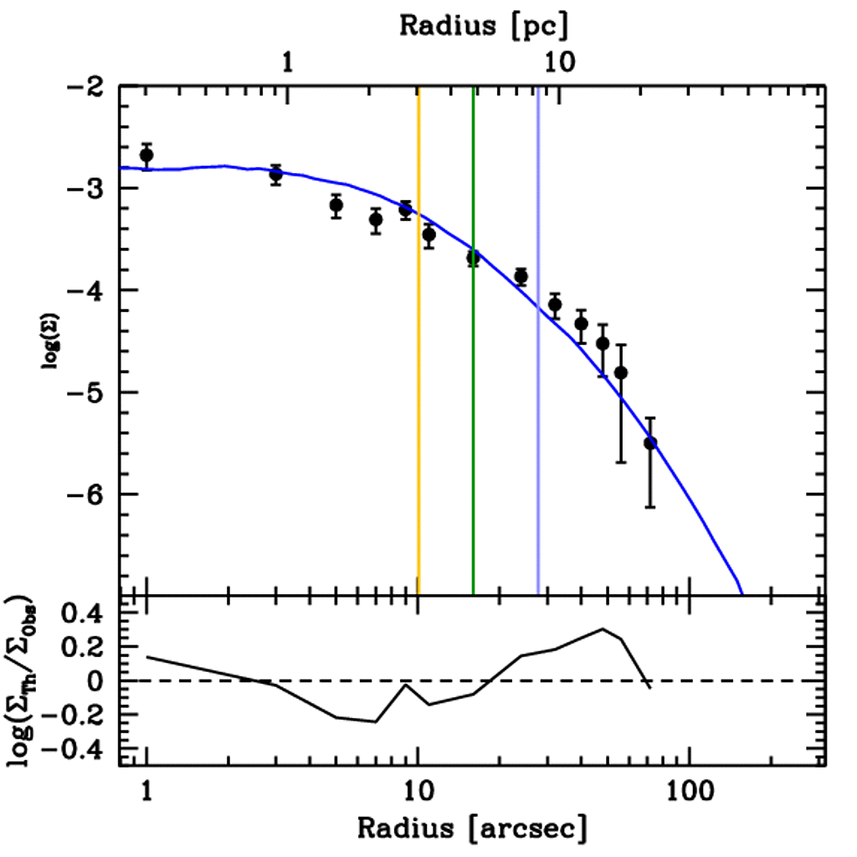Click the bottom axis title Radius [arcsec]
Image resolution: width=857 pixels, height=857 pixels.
pos(471,828)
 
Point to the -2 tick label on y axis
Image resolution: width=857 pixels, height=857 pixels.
pos(86,87)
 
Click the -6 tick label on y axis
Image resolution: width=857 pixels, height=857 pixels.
pos(86,495)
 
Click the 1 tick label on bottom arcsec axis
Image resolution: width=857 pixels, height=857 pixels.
pos(147,791)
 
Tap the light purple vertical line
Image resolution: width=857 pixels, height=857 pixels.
pos(538,418)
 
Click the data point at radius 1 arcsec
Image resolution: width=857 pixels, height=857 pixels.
pos(146,156)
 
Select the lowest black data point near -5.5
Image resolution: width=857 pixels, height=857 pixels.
pos(650,443)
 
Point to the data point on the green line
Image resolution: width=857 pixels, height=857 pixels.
pos(473,258)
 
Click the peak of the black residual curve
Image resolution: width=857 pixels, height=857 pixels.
pos(603,629)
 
